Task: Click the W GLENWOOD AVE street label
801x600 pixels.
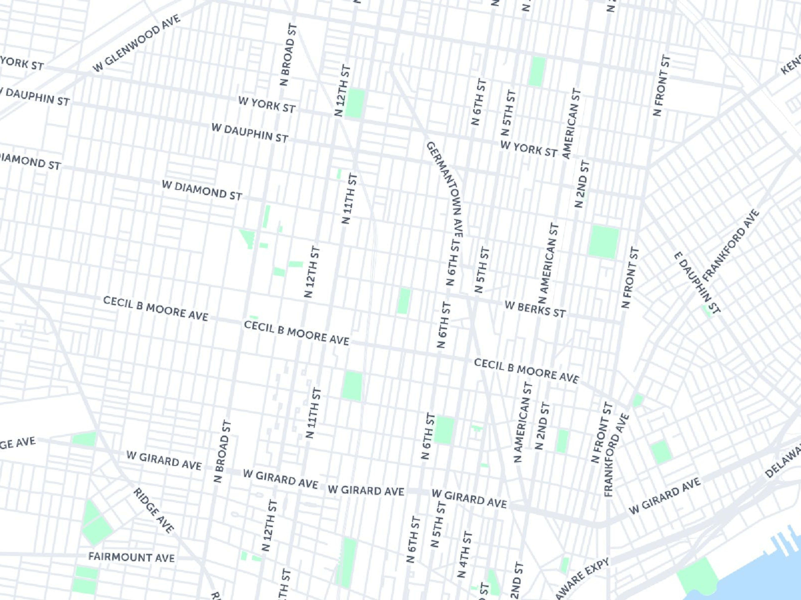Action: (x=136, y=43)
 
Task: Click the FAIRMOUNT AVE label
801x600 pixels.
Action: (x=131, y=557)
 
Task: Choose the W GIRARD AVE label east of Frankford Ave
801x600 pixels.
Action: (x=665, y=496)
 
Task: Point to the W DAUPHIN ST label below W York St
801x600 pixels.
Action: (x=250, y=133)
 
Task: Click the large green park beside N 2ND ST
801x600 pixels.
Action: (x=604, y=242)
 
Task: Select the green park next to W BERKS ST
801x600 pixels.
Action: (x=404, y=301)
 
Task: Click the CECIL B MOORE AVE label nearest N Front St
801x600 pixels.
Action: (x=526, y=370)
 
